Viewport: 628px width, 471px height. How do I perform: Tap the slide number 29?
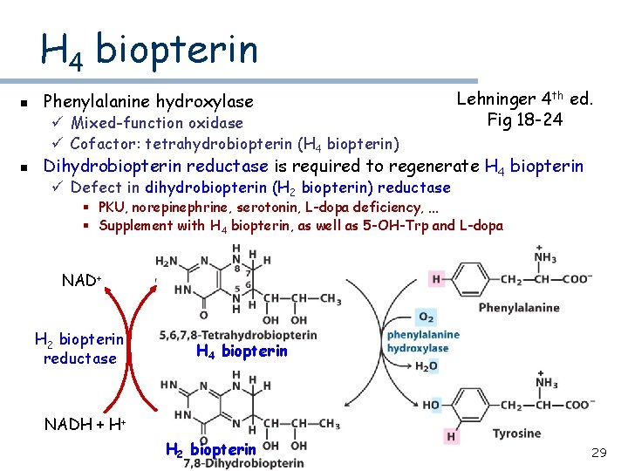[x=598, y=453]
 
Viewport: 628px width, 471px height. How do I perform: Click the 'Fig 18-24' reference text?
[x=526, y=119]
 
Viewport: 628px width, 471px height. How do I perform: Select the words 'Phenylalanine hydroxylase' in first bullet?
[x=148, y=102]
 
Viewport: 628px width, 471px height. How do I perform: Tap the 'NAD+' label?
[x=82, y=281]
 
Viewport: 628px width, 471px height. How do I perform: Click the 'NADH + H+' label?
[x=85, y=425]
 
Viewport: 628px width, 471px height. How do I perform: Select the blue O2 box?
[x=426, y=317]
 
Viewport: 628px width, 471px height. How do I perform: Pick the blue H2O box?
[x=427, y=366]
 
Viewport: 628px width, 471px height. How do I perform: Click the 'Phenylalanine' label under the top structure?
[x=518, y=308]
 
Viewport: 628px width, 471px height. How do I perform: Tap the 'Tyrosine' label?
[x=516, y=433]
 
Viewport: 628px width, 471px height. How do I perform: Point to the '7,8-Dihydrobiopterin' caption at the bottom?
[x=244, y=463]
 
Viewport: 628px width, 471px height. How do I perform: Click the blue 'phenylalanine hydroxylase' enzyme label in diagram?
[x=423, y=341]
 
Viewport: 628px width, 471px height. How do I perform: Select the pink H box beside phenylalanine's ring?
[x=436, y=279]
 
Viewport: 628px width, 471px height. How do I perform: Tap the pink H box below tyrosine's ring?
[x=451, y=436]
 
